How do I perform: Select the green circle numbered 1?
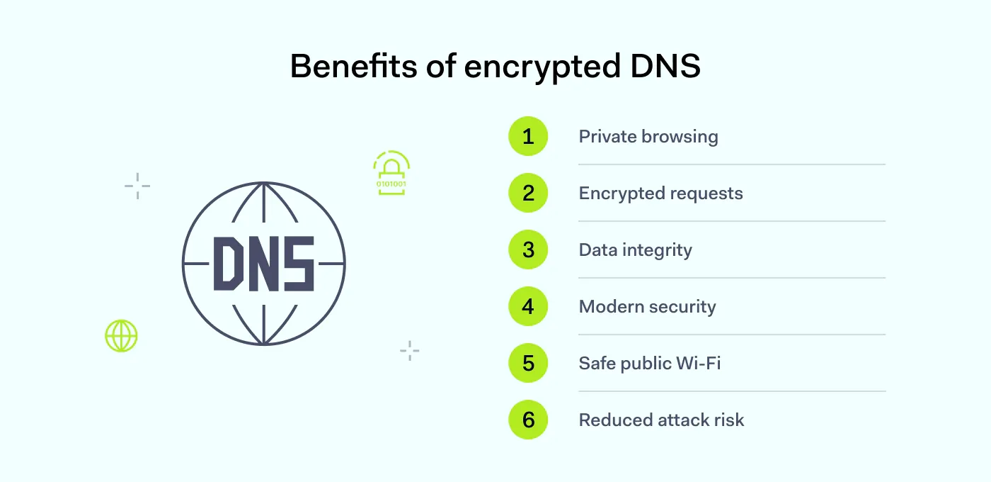528,136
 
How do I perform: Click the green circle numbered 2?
528,193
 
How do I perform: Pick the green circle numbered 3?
528,250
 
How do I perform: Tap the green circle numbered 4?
528,306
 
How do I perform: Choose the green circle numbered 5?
528,363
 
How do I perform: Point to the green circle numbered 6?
528,420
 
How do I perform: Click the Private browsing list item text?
648,137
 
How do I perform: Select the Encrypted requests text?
660,194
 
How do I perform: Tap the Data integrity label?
635,250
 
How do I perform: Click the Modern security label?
647,307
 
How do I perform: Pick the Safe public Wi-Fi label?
649,364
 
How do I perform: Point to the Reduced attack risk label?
661,420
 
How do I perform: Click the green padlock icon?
391,173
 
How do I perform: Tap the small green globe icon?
121,336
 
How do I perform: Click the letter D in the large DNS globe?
229,264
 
